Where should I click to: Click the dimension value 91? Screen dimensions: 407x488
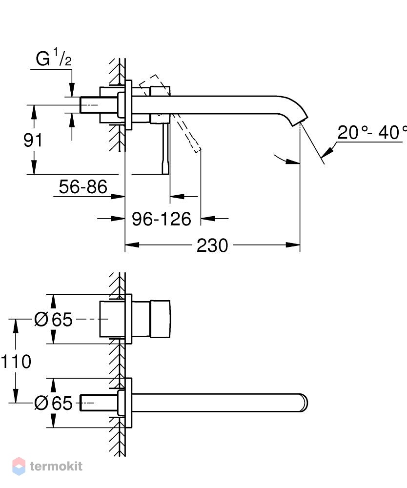33,140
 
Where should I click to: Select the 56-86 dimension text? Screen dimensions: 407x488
83,187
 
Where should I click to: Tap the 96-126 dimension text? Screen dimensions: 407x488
161,219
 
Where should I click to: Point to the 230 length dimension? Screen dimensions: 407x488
212,245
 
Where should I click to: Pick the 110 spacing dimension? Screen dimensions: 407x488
16,361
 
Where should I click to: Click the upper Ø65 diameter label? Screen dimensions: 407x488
53,319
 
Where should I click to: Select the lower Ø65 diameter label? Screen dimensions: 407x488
53,403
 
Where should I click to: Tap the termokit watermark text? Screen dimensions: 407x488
56,466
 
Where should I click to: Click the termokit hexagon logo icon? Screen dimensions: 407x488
19,466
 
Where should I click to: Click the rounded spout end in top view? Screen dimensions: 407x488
304,403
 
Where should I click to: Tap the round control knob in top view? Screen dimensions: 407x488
160,319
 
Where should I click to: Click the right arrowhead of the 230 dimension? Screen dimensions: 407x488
293,245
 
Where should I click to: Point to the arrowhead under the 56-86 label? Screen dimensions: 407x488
118,196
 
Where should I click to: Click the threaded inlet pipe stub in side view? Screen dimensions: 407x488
90,105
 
